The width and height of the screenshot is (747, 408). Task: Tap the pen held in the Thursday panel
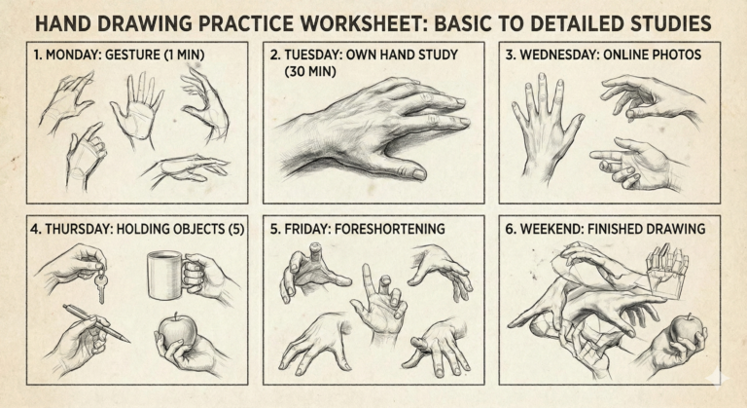pos(97,322)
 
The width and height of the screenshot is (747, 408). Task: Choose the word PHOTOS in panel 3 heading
pos(672,56)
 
